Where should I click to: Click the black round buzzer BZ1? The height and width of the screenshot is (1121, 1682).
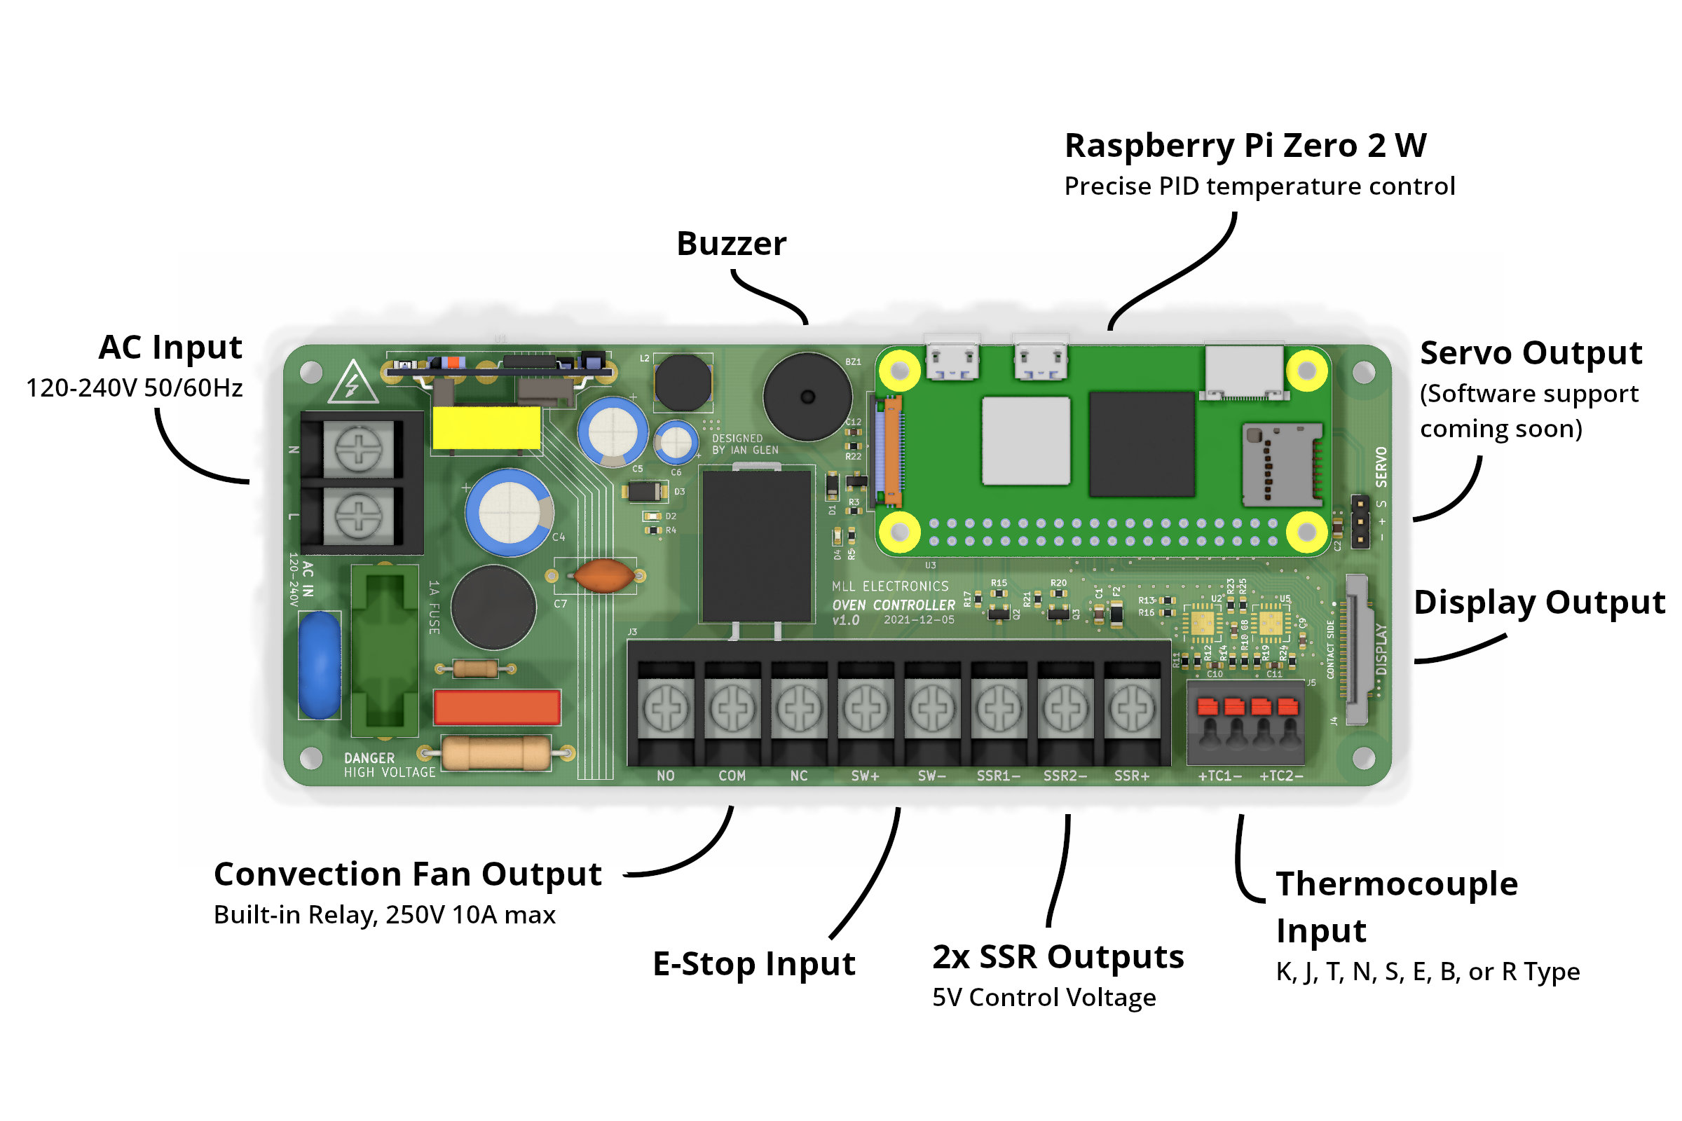pyautogui.click(x=807, y=397)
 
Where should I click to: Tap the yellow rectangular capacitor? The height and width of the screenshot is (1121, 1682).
pyautogui.click(x=486, y=428)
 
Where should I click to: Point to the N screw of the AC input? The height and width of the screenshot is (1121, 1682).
pyautogui.click(x=358, y=449)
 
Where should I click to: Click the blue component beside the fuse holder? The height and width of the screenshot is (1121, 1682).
pyautogui.click(x=319, y=665)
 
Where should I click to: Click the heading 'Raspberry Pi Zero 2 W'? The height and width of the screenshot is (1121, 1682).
pyautogui.click(x=1245, y=146)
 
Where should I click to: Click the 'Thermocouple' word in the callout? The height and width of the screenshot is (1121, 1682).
pyautogui.click(x=1397, y=884)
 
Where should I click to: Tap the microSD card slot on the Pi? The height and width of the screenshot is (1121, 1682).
pyautogui.click(x=1282, y=465)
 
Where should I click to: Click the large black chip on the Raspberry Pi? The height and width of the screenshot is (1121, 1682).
pyautogui.click(x=1142, y=444)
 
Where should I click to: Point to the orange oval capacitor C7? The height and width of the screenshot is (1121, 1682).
pyautogui.click(x=604, y=575)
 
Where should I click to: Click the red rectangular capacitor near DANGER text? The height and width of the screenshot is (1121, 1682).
pyautogui.click(x=497, y=707)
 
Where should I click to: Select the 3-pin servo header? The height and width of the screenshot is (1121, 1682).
pyautogui.click(x=1360, y=522)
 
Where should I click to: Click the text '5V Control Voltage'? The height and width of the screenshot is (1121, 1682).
pyautogui.click(x=1044, y=997)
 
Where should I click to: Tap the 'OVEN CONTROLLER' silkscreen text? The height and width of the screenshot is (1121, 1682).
pyautogui.click(x=893, y=605)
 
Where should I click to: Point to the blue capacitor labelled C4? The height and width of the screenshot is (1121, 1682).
pyautogui.click(x=510, y=513)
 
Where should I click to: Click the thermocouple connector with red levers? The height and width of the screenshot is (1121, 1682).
pyautogui.click(x=1246, y=722)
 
